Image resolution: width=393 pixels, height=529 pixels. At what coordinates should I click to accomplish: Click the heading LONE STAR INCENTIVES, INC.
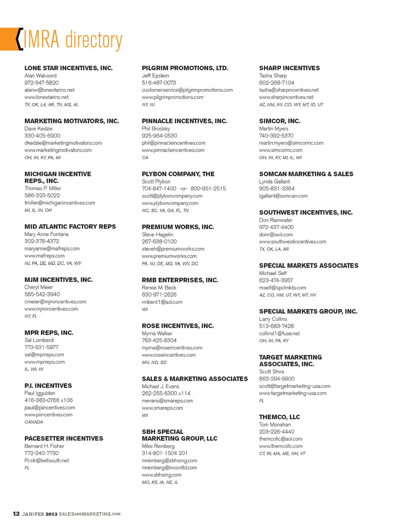coord(68,68)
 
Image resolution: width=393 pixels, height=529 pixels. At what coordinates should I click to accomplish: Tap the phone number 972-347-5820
coord(41,82)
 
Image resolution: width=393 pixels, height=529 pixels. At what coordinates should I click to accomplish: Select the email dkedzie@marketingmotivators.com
coord(63,143)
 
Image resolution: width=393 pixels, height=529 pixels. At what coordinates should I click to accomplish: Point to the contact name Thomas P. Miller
coord(43,188)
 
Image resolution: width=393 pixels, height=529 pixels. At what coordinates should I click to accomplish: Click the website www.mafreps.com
coord(44,255)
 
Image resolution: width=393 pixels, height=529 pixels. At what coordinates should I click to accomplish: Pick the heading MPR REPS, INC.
coord(49,333)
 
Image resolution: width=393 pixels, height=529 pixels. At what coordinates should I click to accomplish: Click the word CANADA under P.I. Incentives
coord(34,422)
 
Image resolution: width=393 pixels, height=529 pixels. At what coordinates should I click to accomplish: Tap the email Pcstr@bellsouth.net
coord(47,461)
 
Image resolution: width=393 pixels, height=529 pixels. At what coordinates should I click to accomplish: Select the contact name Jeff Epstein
coord(155,75)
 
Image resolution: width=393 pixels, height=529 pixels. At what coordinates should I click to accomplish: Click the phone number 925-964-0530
coord(159,136)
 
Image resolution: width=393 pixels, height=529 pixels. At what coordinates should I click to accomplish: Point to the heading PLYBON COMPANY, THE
coord(178,174)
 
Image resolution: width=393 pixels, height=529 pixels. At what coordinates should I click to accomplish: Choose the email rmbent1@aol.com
coord(162,302)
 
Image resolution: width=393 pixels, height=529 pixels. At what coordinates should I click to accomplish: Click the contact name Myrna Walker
coord(157,333)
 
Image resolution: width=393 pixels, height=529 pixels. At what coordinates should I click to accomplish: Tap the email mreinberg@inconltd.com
coord(169,467)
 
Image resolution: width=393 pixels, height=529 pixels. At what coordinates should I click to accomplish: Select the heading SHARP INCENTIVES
coord(289,68)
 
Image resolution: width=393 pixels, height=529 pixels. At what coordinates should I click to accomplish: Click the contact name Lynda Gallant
coord(274,181)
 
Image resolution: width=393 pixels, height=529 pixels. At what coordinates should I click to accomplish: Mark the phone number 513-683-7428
coord(276,326)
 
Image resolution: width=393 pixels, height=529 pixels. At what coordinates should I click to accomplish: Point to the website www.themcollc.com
coord(281,446)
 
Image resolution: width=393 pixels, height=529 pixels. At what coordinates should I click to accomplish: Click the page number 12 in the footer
coord(16,514)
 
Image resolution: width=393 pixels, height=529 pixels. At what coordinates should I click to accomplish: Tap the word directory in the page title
coord(94,40)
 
